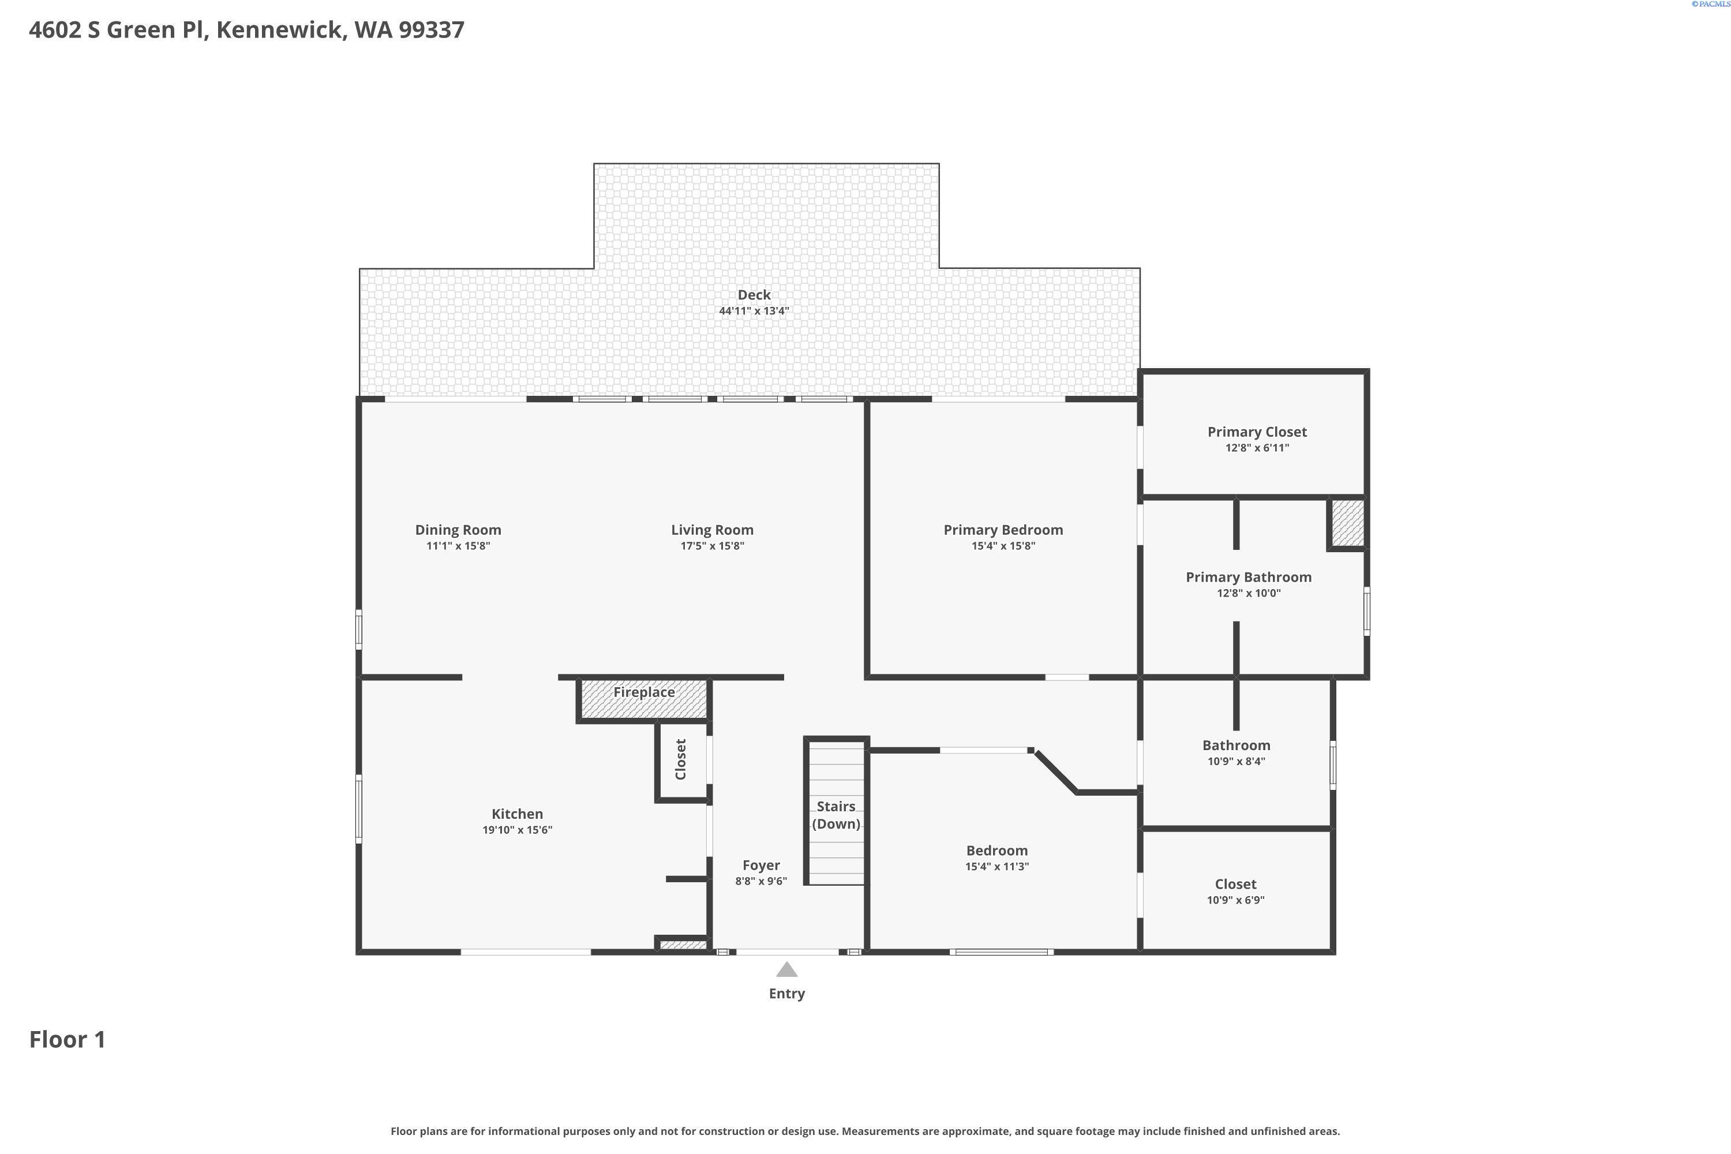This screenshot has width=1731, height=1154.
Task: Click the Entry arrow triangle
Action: click(x=787, y=969)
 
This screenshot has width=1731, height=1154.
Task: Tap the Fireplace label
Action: click(x=644, y=692)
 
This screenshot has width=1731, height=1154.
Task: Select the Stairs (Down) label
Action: click(x=836, y=815)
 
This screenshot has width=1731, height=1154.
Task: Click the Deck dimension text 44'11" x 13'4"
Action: click(x=754, y=310)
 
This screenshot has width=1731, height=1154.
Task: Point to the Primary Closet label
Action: click(x=1257, y=432)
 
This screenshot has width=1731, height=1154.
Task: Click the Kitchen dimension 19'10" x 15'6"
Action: click(x=518, y=830)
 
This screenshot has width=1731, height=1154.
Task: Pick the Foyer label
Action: click(x=761, y=865)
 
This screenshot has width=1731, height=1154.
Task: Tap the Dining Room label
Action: click(x=458, y=530)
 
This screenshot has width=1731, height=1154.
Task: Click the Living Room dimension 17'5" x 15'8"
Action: click(x=711, y=546)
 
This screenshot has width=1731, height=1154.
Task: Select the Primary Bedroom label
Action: click(x=1003, y=530)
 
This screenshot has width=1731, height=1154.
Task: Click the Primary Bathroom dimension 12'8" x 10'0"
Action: click(x=1248, y=593)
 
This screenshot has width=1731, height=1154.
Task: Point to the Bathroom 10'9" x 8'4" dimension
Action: click(x=1236, y=762)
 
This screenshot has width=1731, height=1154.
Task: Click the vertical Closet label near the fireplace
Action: click(x=681, y=759)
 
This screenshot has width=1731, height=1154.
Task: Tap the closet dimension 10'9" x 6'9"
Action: click(x=1236, y=900)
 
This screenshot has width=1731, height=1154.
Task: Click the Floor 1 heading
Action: click(x=68, y=1039)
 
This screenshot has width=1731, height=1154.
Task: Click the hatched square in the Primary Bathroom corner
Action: click(x=1347, y=524)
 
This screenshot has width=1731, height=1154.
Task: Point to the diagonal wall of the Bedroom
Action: click(x=1054, y=771)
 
